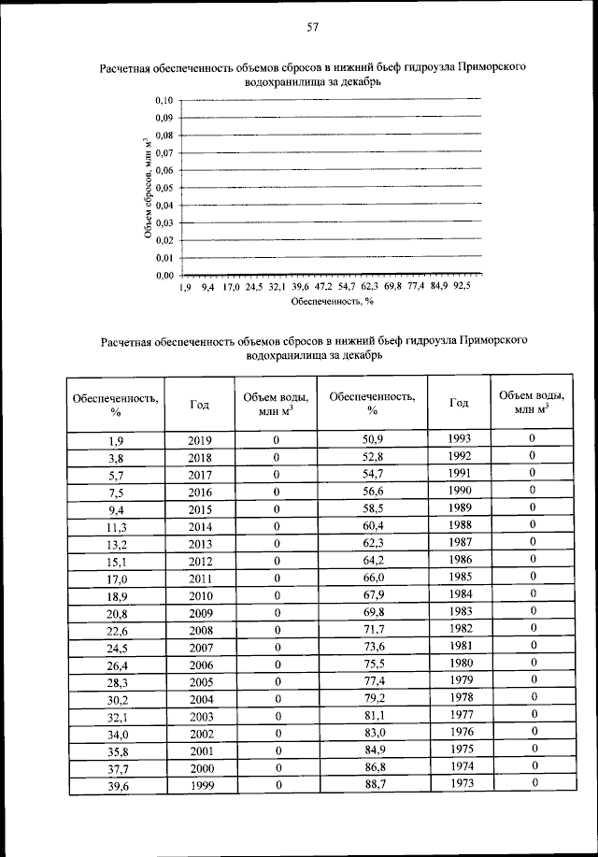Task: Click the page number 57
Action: (x=313, y=27)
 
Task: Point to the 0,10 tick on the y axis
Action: (x=164, y=99)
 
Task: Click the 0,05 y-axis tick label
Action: (x=164, y=187)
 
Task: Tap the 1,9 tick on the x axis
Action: (x=185, y=288)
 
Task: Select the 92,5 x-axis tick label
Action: (x=462, y=288)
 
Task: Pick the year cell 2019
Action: (x=200, y=440)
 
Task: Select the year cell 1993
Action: (x=458, y=438)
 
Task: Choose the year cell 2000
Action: (x=200, y=768)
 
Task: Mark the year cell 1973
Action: (x=458, y=784)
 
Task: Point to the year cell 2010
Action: (x=200, y=595)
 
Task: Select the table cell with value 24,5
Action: (x=116, y=648)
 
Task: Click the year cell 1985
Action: (x=458, y=577)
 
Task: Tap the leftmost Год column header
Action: (x=200, y=405)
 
